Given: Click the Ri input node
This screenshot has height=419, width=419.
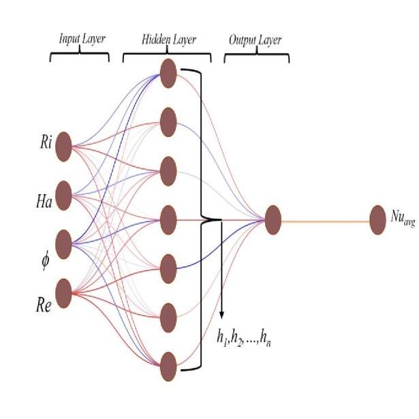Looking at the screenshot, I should pyautogui.click(x=64, y=146).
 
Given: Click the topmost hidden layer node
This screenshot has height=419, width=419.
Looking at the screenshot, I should pyautogui.click(x=168, y=73).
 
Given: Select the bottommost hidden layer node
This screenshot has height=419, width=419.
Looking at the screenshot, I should pyautogui.click(x=168, y=366).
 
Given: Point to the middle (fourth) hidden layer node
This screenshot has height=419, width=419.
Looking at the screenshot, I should pyautogui.click(x=168, y=219).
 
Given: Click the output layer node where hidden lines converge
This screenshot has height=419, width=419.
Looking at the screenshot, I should pyautogui.click(x=273, y=219).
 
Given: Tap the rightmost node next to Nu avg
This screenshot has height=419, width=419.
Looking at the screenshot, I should pyautogui.click(x=377, y=219).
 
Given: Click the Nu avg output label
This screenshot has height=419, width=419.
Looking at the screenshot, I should pyautogui.click(x=402, y=217).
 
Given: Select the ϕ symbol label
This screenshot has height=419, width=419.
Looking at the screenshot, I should pyautogui.click(x=45, y=260).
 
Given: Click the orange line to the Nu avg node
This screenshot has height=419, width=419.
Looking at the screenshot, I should pyautogui.click(x=325, y=220).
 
